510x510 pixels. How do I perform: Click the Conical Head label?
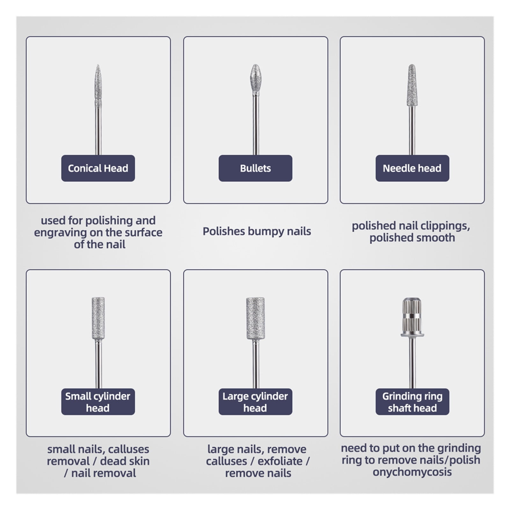[x=98, y=168]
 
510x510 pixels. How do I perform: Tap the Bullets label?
[x=255, y=168]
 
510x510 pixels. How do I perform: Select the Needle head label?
[x=412, y=168]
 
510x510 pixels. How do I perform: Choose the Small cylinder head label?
[x=98, y=402]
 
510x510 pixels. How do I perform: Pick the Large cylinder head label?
[x=255, y=402]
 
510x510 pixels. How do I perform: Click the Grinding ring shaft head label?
[x=412, y=402]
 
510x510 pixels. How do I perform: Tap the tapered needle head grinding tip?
[x=412, y=85]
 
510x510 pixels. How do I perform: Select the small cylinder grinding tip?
[x=98, y=318]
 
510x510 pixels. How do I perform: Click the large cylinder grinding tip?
[x=255, y=318]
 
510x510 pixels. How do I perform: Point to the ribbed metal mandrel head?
[x=412, y=317]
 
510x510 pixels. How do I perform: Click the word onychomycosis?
[x=412, y=472]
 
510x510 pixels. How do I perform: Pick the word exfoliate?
[x=280, y=461]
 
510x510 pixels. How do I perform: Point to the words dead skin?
[x=125, y=461]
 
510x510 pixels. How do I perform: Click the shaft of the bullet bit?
[x=255, y=125]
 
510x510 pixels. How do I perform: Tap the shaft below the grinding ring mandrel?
[x=412, y=363]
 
